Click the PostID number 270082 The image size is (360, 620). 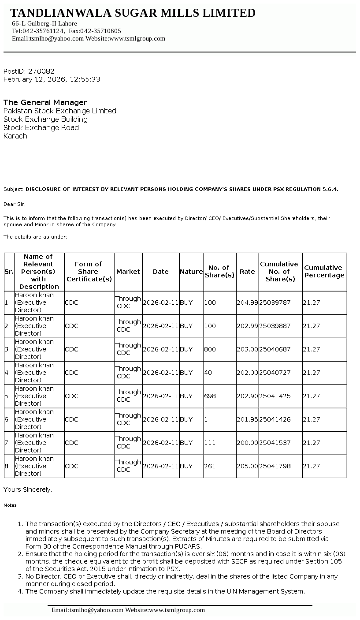(41, 71)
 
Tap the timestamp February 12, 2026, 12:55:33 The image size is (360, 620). (52, 79)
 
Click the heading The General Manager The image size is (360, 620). (45, 102)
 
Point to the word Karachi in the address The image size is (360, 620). (16, 136)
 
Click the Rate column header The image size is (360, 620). (247, 272)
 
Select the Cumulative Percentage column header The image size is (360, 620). (324, 272)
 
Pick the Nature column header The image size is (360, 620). (191, 272)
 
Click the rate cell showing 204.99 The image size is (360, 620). (247, 303)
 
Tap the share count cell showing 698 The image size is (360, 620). (210, 396)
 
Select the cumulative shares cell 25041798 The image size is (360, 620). (275, 466)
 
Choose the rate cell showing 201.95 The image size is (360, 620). (247, 419)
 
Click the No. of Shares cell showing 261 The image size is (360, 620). (210, 466)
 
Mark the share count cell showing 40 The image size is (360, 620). (208, 373)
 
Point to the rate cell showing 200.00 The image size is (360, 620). (247, 443)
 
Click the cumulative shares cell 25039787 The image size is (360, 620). (275, 303)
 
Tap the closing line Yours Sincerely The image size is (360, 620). (28, 489)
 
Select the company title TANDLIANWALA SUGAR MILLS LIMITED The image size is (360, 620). (133, 13)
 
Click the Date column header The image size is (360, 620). (160, 272)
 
